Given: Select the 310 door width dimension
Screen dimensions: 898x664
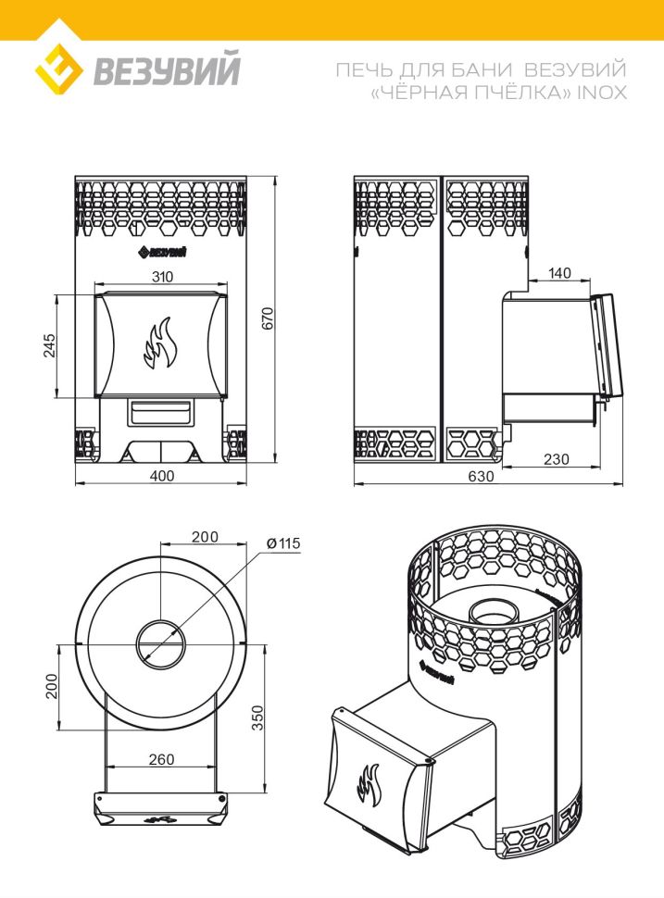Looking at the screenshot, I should coord(161,276).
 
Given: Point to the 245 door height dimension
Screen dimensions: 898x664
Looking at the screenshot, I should coord(51,345).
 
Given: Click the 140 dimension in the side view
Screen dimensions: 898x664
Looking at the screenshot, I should coord(560,273).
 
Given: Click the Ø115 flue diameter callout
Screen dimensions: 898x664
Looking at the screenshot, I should coord(283,543).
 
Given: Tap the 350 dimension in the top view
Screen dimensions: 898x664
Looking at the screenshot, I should coord(257,717).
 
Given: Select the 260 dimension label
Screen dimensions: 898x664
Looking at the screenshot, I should coord(161,758).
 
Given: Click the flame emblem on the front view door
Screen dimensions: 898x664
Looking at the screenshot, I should coord(158,343).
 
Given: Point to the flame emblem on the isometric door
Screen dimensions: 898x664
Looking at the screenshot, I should coord(369,783).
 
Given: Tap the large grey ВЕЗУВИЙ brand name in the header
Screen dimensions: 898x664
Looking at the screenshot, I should coord(166,69).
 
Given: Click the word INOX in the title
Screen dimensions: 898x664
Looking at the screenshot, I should coord(601,93).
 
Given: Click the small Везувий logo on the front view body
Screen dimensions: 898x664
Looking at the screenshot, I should coord(163,252).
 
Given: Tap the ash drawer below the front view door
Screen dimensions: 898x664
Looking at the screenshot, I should coord(161,408).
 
